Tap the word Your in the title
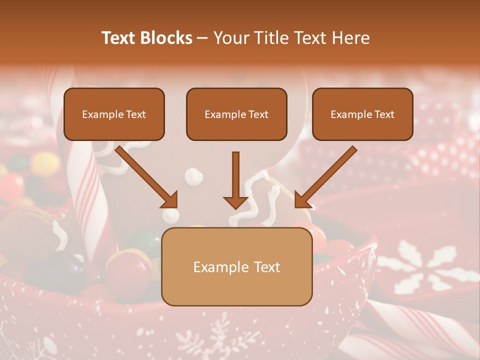pyautogui.click(x=229, y=38)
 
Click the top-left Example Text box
pyautogui.click(x=114, y=114)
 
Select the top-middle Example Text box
pyautogui.click(x=236, y=114)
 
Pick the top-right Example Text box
pyautogui.click(x=362, y=114)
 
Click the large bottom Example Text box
pyautogui.click(x=236, y=266)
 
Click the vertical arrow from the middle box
pyautogui.click(x=235, y=180)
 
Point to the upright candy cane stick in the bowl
pyautogui.click(x=90, y=200)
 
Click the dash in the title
pyautogui.click(x=203, y=38)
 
